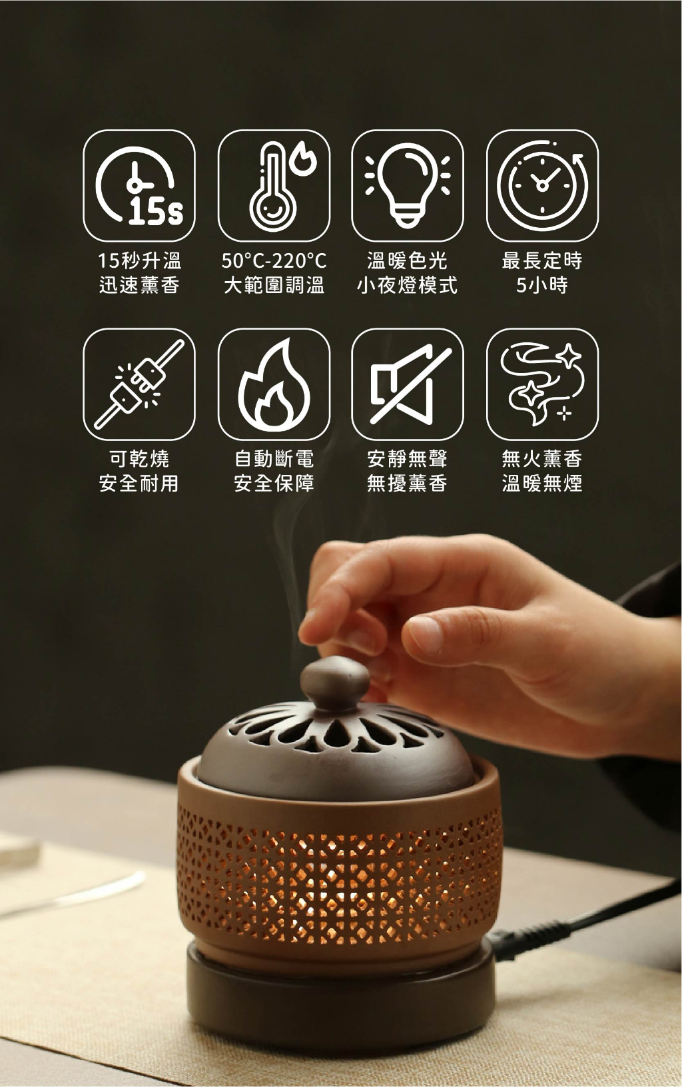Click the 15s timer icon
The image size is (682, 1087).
(139, 186)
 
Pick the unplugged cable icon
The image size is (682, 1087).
(139, 384)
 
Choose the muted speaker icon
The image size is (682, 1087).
(407, 384)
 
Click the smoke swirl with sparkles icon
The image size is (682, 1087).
(542, 384)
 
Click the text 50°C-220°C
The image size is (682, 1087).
(274, 261)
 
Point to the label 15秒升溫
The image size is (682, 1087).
(139, 261)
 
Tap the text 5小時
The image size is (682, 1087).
(542, 285)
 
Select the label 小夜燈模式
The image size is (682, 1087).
(407, 285)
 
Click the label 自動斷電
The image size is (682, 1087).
(274, 458)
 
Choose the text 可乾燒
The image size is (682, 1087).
(139, 458)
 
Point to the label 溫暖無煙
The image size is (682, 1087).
(542, 484)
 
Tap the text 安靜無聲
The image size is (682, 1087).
(407, 458)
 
